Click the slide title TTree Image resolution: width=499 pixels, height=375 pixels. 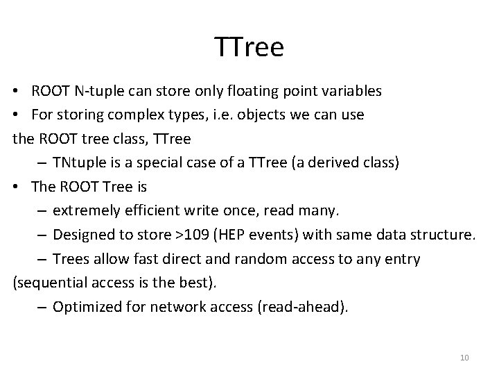pos(249,47)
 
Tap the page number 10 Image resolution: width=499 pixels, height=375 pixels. pos(464,358)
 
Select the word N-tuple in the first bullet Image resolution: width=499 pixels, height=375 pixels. pos(100,92)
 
